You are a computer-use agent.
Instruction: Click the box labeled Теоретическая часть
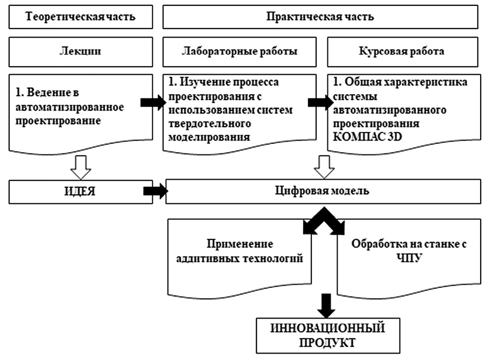click(x=80, y=17)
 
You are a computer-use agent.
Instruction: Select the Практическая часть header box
click(x=320, y=17)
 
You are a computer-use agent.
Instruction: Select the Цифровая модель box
click(x=323, y=192)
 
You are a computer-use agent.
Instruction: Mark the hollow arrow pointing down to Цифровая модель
click(x=324, y=167)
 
